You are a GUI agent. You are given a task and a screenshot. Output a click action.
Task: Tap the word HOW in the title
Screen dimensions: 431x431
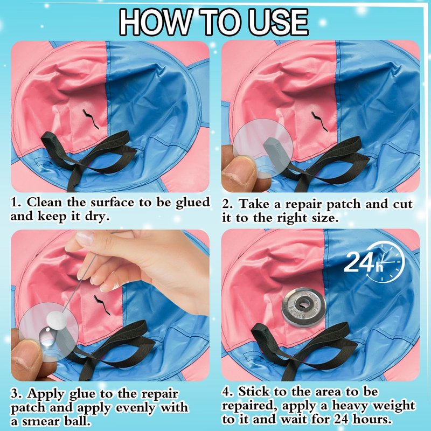[x=155, y=22]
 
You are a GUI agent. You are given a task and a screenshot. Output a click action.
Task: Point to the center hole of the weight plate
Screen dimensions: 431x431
[x=304, y=304]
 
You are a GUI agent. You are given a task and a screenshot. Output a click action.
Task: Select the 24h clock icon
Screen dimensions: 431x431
[x=374, y=262]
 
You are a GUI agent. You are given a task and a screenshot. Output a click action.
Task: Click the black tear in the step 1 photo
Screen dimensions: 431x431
[x=91, y=119]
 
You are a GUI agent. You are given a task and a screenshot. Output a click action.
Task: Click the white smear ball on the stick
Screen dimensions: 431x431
[x=57, y=319]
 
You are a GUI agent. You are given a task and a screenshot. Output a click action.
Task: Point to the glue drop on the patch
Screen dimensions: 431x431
[x=47, y=337]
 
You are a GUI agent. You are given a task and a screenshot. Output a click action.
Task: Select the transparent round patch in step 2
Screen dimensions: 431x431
[x=263, y=149]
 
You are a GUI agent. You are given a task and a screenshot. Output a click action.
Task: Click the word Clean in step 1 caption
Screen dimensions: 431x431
[x=45, y=203]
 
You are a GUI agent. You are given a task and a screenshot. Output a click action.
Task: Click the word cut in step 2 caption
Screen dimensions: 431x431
[x=402, y=205]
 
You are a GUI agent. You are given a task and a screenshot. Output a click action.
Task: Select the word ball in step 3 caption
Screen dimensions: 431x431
[x=77, y=421]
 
